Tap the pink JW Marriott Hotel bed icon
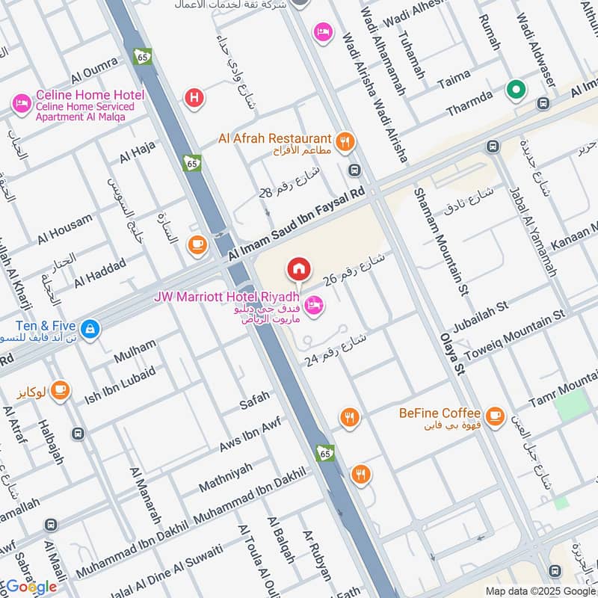click(x=315, y=304)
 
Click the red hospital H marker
click(x=194, y=96)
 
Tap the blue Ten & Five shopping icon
click(x=90, y=328)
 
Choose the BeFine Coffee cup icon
click(x=494, y=415)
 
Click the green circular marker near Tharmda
click(x=515, y=90)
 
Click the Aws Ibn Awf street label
click(x=250, y=434)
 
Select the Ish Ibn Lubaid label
click(x=120, y=382)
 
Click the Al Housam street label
click(x=65, y=229)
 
